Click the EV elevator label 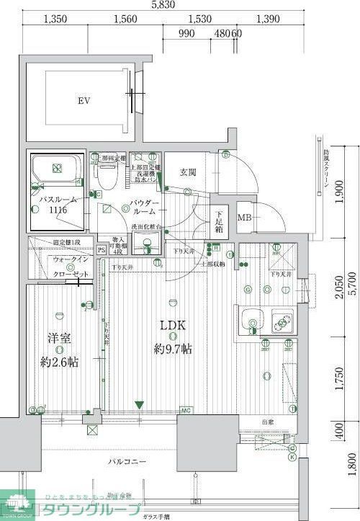pos(84,102)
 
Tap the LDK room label pos(173,326)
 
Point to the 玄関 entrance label pos(189,172)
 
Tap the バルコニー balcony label pos(127,460)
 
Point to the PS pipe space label pos(102,250)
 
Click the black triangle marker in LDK pos(140,405)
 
